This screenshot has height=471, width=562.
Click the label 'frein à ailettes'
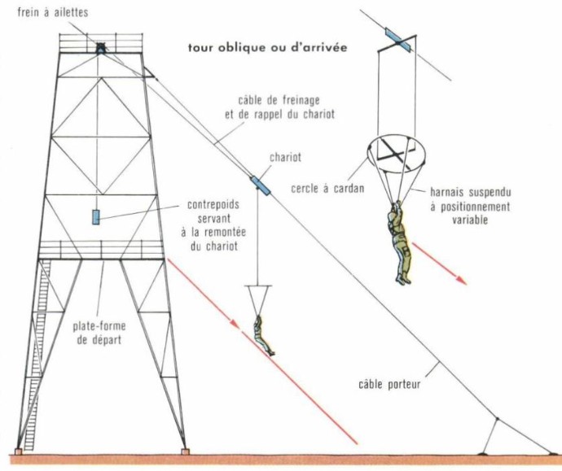pos(53,12)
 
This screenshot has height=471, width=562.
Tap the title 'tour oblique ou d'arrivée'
pos(268,48)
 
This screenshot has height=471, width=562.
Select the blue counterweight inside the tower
pos(96,217)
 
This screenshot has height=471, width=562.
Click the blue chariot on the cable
pos(260,185)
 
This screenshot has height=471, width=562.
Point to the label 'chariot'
pos(285,158)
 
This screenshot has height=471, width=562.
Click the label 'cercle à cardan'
pos(327,188)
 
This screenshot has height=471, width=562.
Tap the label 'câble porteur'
pos(389,385)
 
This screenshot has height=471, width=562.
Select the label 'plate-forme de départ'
pos(99,333)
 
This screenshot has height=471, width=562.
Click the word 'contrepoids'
pos(213,205)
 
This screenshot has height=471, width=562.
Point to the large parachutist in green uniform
pos(399,242)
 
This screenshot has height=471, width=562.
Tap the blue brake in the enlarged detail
pos(398,40)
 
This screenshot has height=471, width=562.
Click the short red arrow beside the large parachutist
pos(440,264)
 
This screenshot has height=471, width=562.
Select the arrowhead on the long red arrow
pos(234,324)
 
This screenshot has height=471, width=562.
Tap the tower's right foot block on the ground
pos(185,451)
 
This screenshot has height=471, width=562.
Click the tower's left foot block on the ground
pos(18,451)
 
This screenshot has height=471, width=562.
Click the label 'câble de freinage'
pos(279,101)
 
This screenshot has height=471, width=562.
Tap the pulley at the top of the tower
pos(101,48)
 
